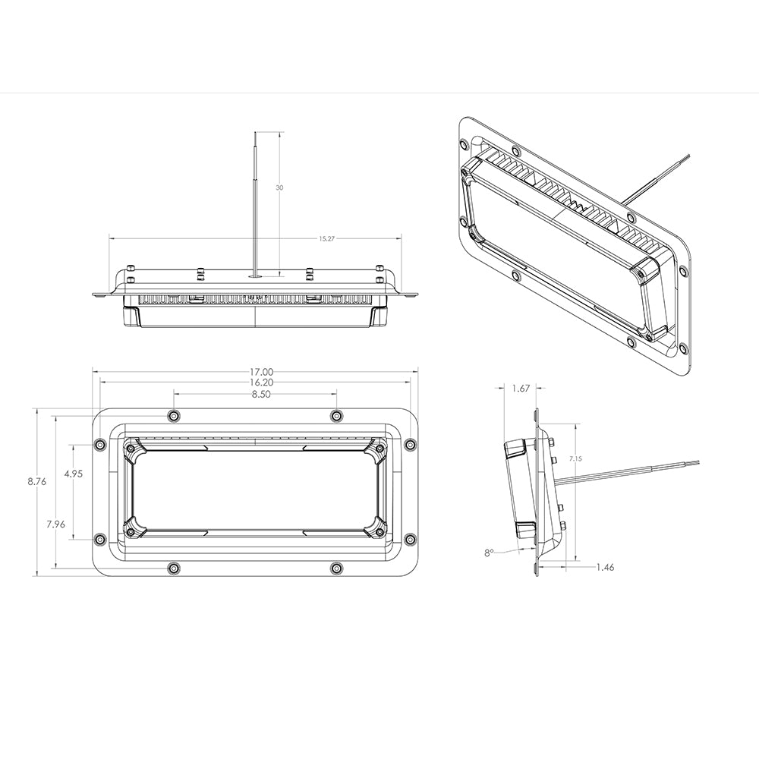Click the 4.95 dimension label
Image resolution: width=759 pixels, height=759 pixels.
tap(74, 474)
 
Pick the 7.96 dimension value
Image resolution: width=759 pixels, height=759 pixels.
tap(55, 524)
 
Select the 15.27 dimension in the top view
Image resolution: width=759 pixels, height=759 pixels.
tap(326, 238)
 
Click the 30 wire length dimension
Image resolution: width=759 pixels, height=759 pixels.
tap(280, 187)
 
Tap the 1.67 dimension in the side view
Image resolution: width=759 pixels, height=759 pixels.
tap(521, 388)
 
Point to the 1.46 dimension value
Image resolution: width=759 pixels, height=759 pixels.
tap(606, 566)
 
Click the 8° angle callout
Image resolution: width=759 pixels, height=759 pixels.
tap(489, 553)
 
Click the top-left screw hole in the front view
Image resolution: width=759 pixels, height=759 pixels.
tap(174, 415)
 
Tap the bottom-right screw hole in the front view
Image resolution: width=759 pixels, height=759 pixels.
tap(337, 568)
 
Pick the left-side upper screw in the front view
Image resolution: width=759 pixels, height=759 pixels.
tap(99, 445)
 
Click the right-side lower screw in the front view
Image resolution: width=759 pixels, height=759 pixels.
tap(410, 539)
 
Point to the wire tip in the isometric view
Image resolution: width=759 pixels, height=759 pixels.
tap(688, 156)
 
